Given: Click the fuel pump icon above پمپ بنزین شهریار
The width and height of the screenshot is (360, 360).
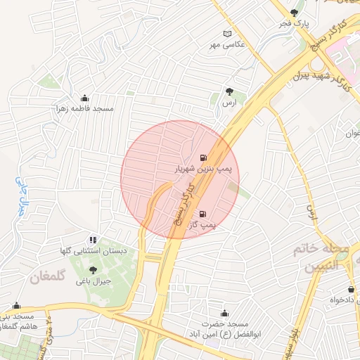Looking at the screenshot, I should (x=203, y=158).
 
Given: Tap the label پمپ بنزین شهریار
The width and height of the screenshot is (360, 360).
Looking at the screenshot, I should (x=203, y=169).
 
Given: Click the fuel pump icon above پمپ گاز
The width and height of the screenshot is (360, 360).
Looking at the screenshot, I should (x=203, y=214).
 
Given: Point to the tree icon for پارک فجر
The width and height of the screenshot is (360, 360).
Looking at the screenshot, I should (x=294, y=13).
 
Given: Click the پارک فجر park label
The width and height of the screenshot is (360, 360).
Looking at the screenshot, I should (x=293, y=24).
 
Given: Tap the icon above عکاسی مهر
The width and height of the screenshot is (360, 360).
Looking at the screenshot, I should (x=226, y=34).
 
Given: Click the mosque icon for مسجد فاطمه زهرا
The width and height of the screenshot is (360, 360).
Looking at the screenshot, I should (x=85, y=98).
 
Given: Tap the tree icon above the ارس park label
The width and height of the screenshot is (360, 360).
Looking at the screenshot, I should (x=229, y=91).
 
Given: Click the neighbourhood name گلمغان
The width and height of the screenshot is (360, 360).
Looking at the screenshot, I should (x=47, y=277).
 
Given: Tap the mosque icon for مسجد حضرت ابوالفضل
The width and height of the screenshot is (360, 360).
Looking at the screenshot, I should (x=224, y=314).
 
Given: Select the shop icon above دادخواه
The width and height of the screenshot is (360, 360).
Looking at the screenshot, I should (x=351, y=290).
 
